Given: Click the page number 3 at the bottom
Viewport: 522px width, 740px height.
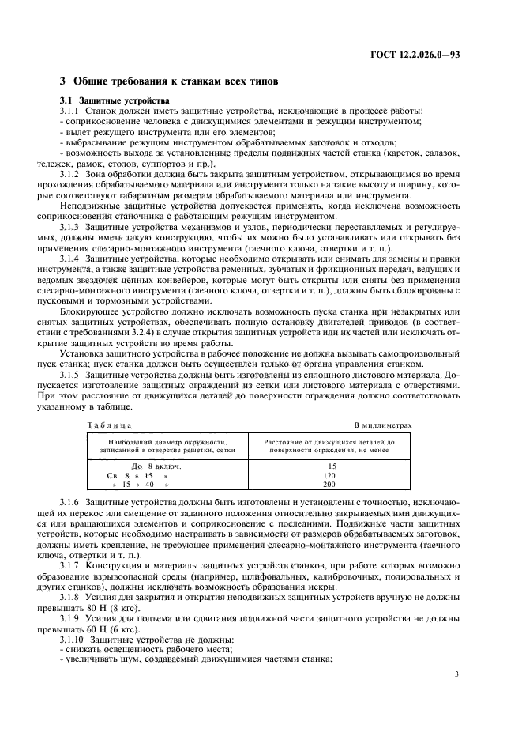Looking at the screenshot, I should pyautogui.click(x=457, y=674).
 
